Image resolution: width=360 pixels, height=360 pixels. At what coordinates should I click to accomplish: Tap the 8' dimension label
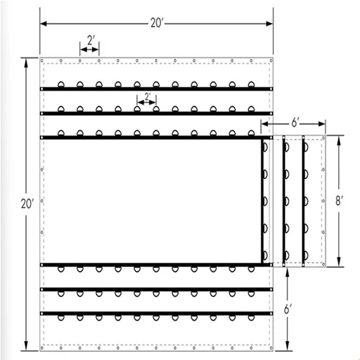340,200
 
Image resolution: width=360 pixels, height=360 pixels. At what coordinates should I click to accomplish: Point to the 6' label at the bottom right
289,309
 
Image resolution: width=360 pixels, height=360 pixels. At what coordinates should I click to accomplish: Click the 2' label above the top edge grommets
90,40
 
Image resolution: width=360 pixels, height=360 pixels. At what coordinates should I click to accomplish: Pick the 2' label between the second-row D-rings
147,97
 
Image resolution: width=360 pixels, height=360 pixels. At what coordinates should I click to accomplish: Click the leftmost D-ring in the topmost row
61,85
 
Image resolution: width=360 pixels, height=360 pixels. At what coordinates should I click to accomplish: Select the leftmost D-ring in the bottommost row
61,318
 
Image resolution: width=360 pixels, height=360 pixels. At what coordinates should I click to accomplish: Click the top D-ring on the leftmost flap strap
265,147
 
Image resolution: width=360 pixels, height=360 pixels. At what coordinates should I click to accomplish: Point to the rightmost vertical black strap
304,201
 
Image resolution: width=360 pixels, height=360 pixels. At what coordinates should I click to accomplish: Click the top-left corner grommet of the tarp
43,61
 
